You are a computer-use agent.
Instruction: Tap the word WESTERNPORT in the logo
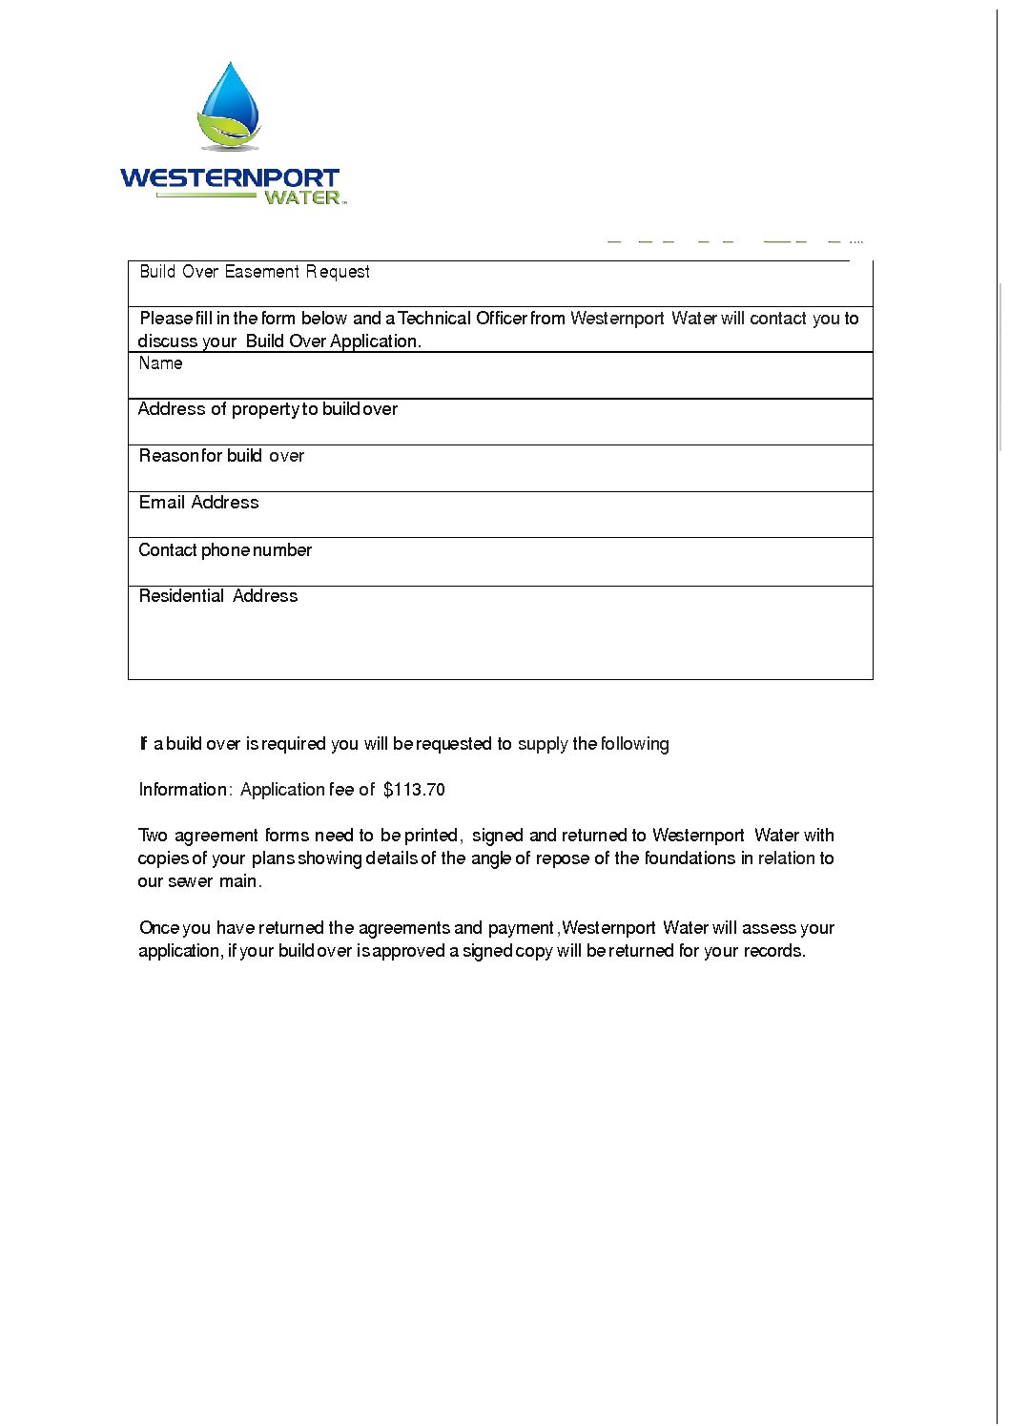pyautogui.click(x=230, y=177)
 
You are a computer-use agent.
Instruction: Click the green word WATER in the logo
pyautogui.click(x=302, y=197)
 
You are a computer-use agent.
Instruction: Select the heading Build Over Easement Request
pyautogui.click(x=255, y=272)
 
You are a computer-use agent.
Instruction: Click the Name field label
pyautogui.click(x=160, y=363)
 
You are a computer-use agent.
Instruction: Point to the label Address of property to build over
pyautogui.click(x=267, y=409)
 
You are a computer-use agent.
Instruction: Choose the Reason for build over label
pyautogui.click(x=221, y=456)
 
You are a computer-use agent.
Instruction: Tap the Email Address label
pyautogui.click(x=198, y=503)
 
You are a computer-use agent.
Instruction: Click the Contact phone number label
pyautogui.click(x=225, y=550)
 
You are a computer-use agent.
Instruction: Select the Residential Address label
pyautogui.click(x=218, y=596)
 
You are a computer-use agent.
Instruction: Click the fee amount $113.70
pyautogui.click(x=414, y=790)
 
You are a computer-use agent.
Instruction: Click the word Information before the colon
pyautogui.click(x=183, y=790)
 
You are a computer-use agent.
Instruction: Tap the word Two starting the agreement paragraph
pyautogui.click(x=153, y=836)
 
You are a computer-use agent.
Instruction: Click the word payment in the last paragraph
pyautogui.click(x=521, y=928)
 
